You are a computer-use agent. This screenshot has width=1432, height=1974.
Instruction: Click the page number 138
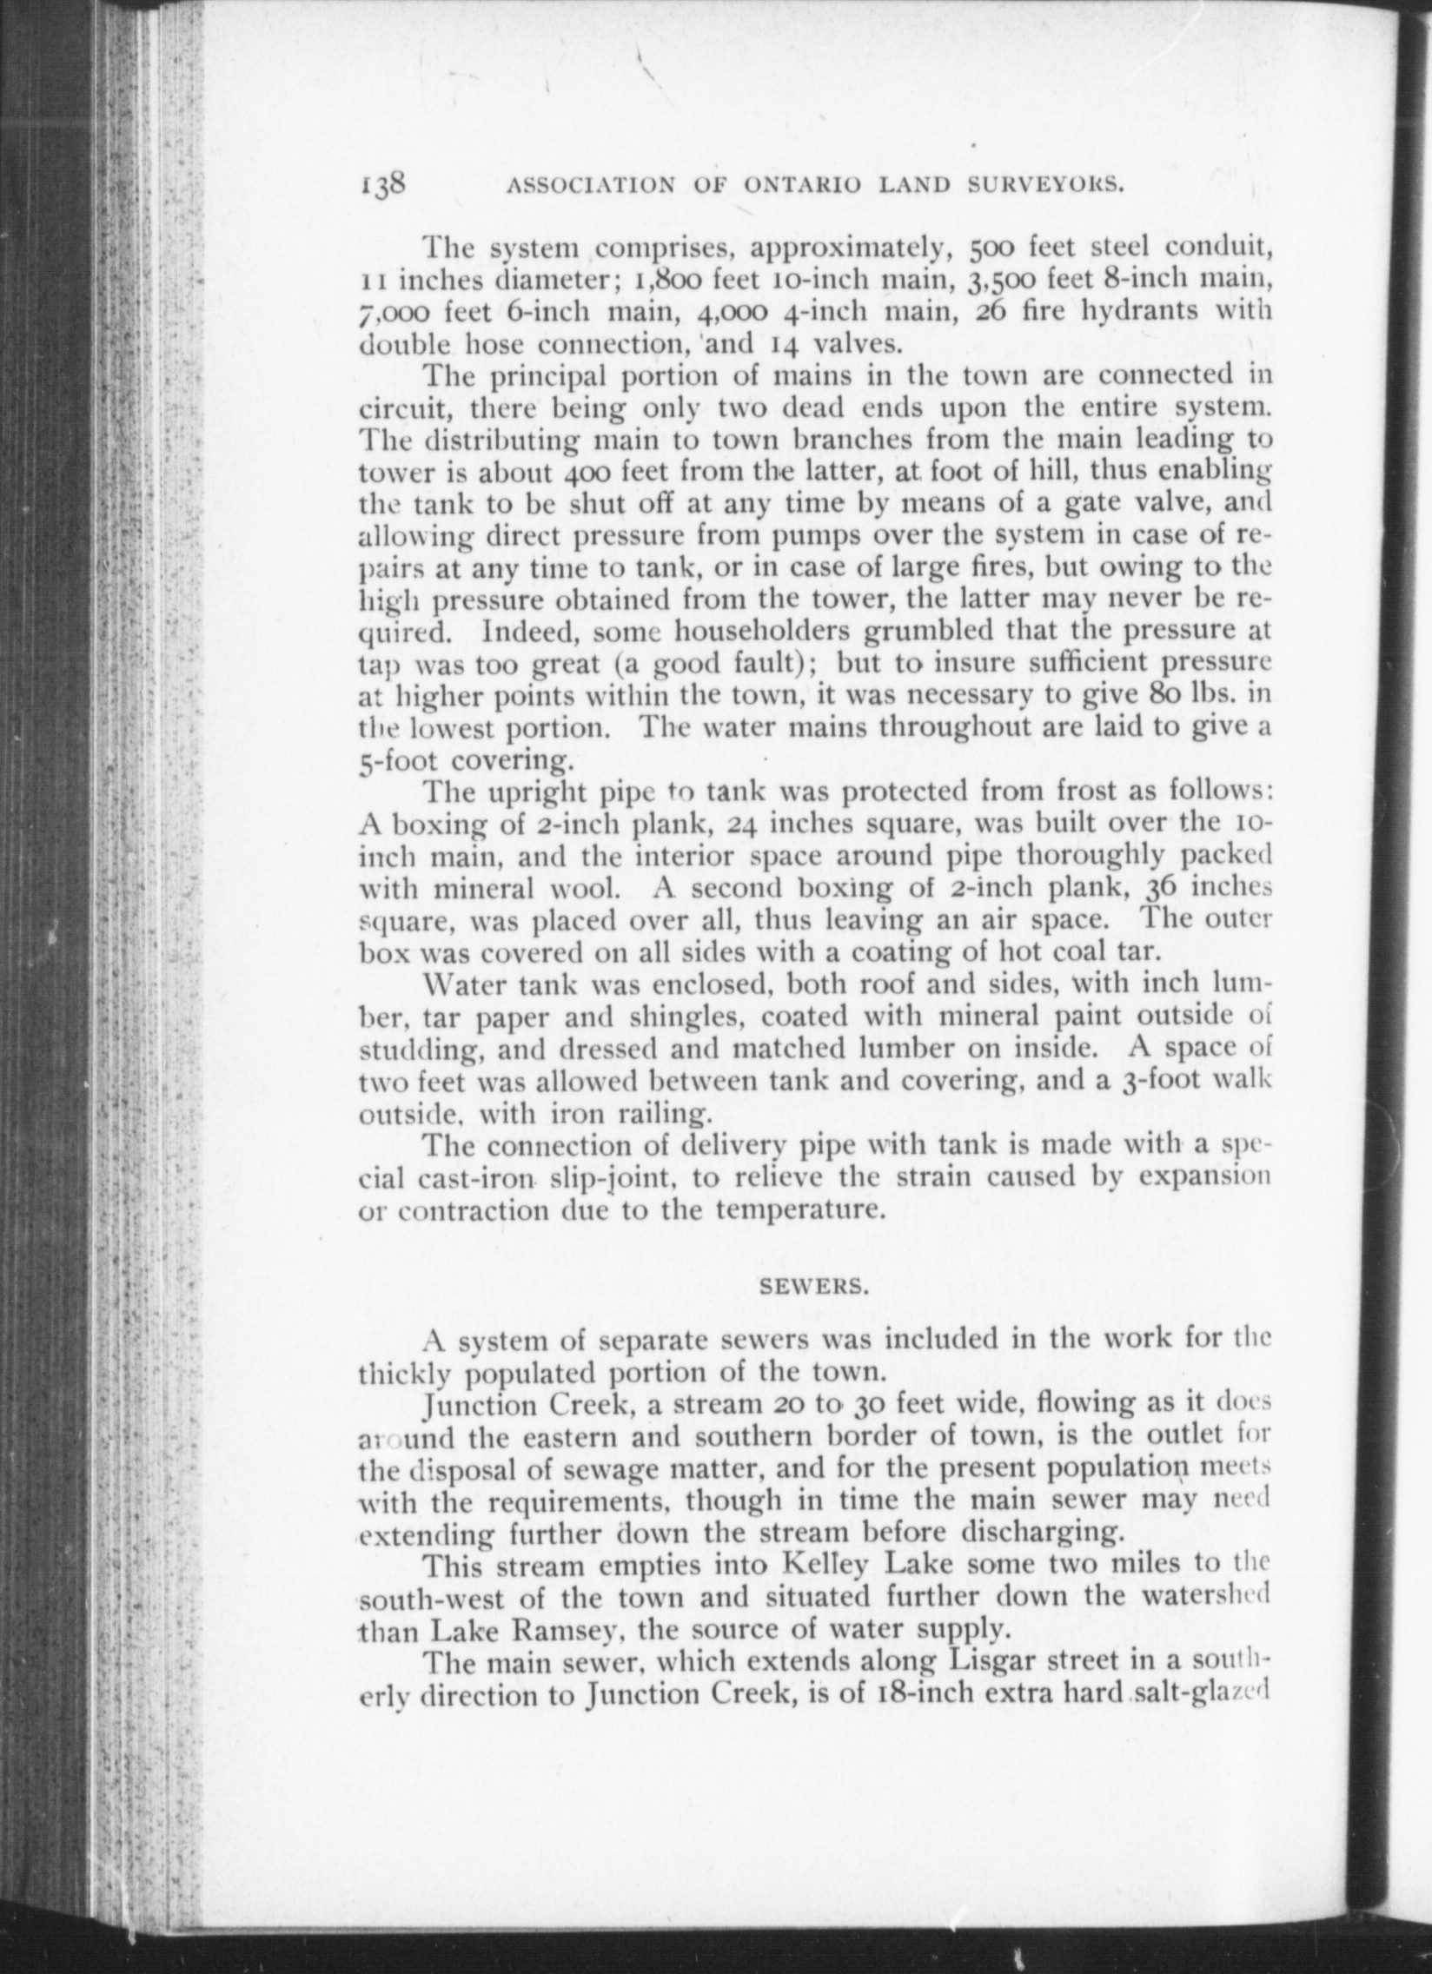click(382, 184)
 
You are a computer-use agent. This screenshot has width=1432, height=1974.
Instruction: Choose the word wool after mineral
click(576, 889)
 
